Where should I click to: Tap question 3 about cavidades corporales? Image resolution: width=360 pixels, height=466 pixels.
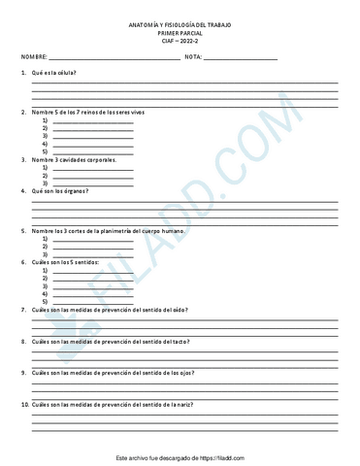point(73,158)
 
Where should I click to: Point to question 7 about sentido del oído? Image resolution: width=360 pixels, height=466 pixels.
point(110,310)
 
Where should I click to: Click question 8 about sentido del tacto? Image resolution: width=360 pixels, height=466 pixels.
point(110,342)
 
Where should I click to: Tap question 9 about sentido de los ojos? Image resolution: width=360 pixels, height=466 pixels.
point(111,373)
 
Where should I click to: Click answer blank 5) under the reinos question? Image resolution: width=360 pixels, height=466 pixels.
point(92,151)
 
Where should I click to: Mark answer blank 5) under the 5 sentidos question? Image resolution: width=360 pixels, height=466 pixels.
point(92,301)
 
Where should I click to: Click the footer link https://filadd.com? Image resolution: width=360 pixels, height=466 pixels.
point(225,455)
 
